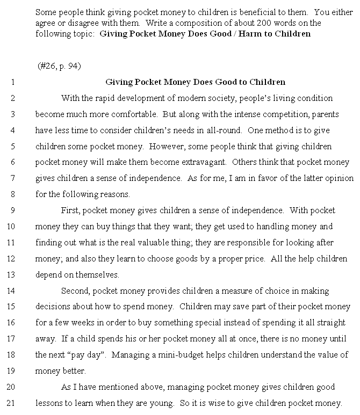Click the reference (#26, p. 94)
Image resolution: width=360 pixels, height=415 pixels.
point(59,66)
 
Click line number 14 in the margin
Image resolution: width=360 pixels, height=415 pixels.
point(12,290)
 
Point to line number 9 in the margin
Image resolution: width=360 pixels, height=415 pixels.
point(12,210)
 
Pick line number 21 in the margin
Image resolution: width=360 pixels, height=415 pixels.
point(12,403)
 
